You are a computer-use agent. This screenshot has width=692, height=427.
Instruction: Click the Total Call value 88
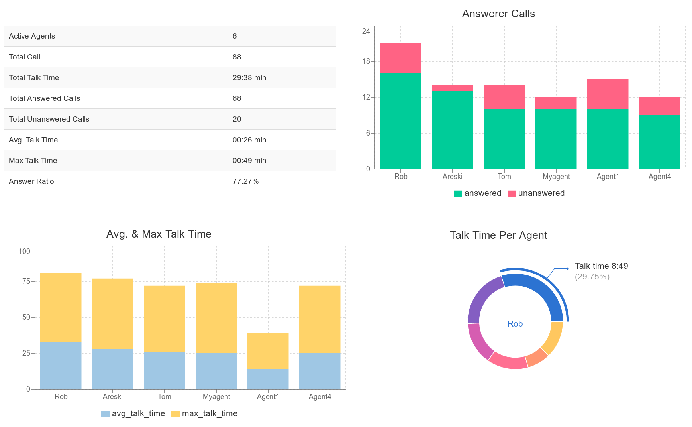tap(237, 57)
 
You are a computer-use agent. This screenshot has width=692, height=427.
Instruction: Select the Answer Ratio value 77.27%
tap(245, 181)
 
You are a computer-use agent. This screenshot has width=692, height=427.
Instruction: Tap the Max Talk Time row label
tap(33, 161)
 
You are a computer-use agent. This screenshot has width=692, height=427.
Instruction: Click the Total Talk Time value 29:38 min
tap(249, 78)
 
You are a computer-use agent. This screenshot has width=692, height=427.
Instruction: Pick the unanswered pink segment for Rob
tap(400, 58)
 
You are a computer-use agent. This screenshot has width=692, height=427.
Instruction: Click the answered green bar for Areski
tap(452, 130)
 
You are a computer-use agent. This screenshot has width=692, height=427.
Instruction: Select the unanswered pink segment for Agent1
tap(608, 94)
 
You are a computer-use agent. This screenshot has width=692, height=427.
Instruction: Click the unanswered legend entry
tap(536, 193)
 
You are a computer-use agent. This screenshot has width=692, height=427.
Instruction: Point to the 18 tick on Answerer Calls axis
tap(366, 61)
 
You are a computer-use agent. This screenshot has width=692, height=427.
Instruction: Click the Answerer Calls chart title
tap(498, 14)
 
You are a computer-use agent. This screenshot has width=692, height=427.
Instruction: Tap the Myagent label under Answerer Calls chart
tap(556, 177)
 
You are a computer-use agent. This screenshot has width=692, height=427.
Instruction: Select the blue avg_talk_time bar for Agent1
tap(268, 379)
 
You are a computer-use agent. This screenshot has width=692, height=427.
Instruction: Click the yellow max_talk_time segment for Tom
tap(164, 319)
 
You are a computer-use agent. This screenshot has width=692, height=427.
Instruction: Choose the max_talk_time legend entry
tap(204, 414)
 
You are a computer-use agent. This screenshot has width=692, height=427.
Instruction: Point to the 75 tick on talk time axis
tap(26, 281)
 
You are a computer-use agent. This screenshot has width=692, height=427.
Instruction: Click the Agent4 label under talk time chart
tap(320, 397)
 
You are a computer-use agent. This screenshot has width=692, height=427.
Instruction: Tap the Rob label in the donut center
tap(515, 324)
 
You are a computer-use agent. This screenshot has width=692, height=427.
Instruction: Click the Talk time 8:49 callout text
tap(601, 266)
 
